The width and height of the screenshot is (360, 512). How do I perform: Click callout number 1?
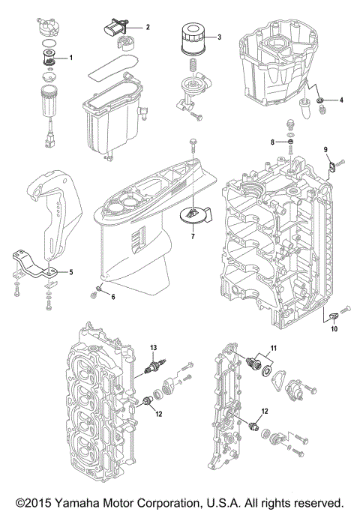71,57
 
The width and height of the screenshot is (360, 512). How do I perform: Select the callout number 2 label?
148,28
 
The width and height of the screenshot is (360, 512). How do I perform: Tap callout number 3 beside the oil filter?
219,37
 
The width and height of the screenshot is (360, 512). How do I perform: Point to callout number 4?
341,100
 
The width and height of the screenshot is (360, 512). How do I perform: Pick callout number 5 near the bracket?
71,272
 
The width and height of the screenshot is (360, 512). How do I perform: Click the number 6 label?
113,298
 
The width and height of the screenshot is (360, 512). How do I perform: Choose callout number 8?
273,141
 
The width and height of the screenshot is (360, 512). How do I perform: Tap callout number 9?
326,150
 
